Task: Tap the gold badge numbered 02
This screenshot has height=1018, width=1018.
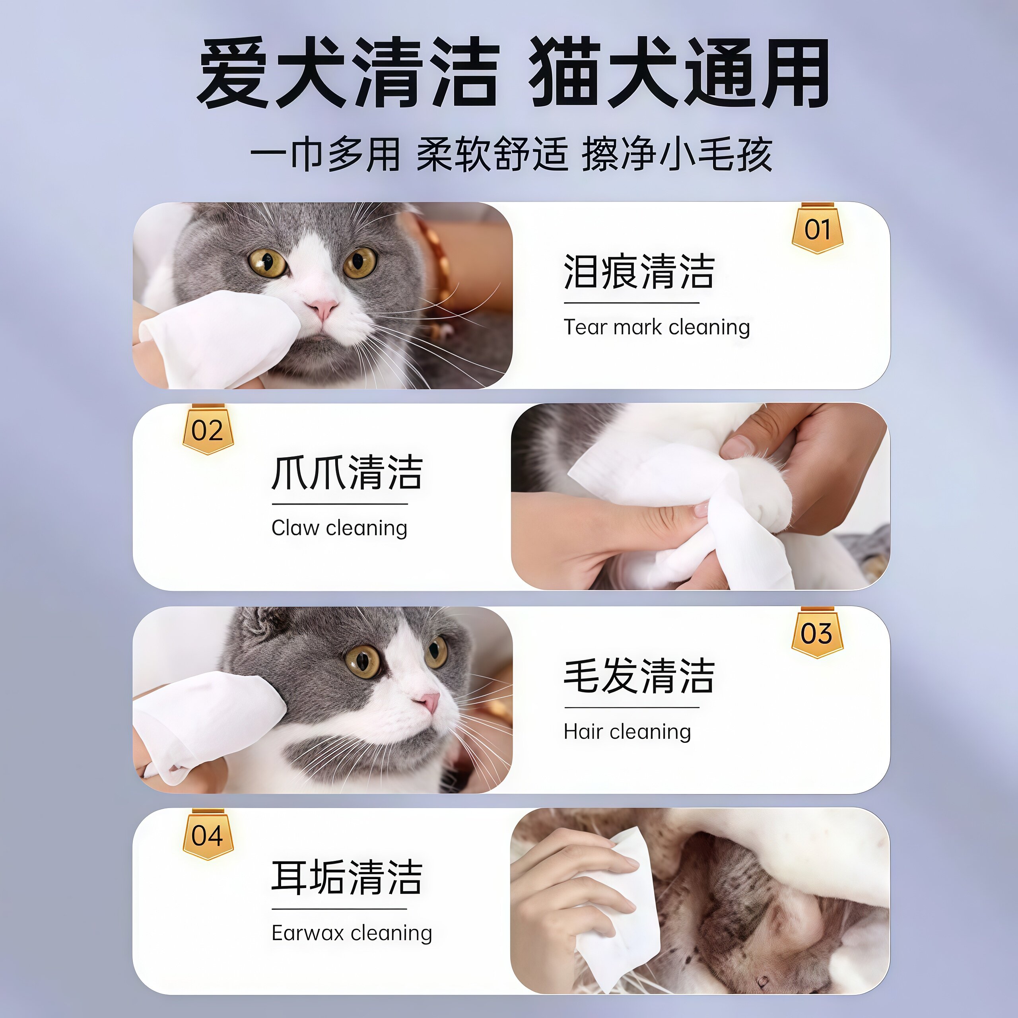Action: click(208, 431)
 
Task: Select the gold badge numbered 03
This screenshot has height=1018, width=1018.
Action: click(817, 633)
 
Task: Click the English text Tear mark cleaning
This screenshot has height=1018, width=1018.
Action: click(657, 327)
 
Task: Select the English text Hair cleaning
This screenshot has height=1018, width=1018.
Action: click(627, 731)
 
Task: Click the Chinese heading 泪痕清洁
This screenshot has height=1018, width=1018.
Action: click(639, 272)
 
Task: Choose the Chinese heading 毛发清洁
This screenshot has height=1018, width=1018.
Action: click(639, 676)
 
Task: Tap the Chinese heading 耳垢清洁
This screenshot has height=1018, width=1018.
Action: click(347, 877)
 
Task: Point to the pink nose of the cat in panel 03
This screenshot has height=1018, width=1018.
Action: click(429, 701)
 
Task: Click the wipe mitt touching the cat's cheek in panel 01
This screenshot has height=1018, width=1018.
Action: click(221, 337)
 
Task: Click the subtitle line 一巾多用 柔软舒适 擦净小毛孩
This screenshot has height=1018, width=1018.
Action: click(511, 154)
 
